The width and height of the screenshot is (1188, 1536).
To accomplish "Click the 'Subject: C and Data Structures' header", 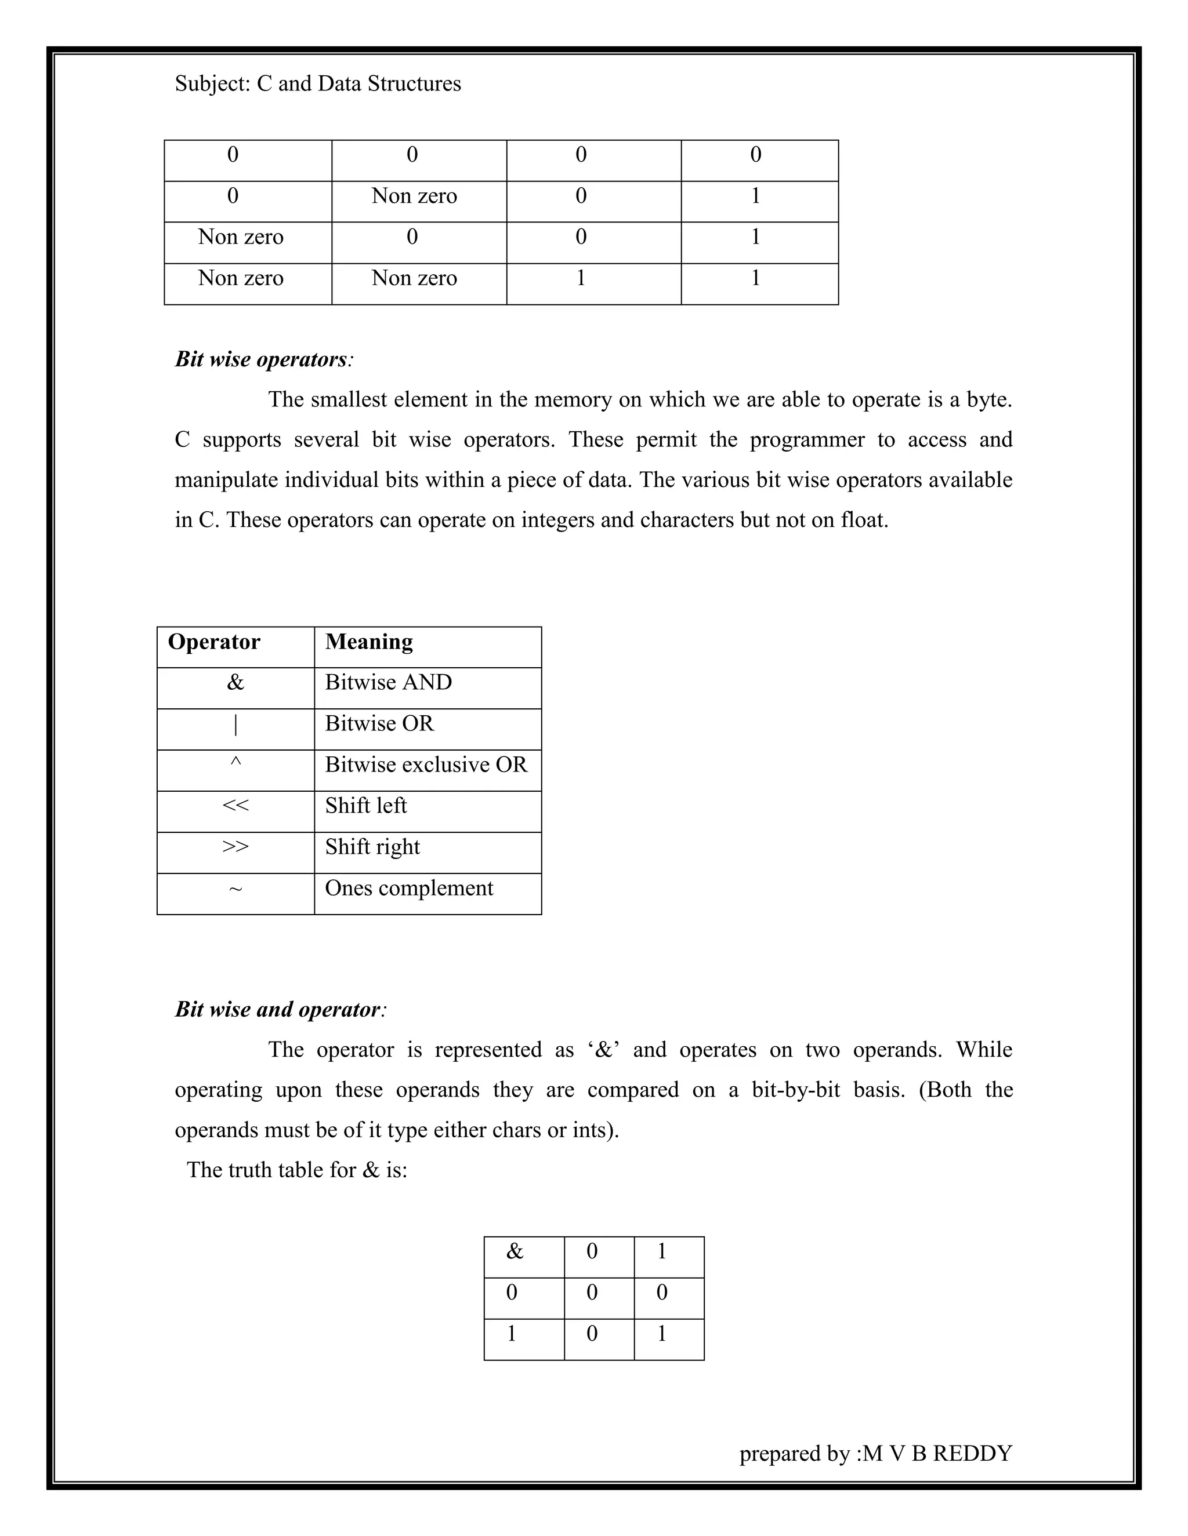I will (x=317, y=83).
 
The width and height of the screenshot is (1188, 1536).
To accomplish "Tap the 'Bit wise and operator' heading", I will (x=278, y=1009).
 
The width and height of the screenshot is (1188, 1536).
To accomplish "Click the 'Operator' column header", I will (x=214, y=642).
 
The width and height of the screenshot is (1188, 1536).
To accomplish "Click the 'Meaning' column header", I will (x=369, y=642).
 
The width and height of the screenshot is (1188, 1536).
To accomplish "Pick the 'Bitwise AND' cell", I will (x=388, y=683).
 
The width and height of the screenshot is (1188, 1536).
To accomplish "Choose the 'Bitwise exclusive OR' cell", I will (x=425, y=765).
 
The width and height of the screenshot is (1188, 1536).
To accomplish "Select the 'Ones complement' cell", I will (x=408, y=888).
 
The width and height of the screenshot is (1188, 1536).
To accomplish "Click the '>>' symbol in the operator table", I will (x=235, y=847).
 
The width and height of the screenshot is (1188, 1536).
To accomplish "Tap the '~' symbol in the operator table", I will (x=235, y=890).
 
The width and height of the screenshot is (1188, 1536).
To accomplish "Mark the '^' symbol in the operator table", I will (x=235, y=762).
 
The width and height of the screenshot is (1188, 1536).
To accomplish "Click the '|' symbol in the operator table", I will (x=235, y=725).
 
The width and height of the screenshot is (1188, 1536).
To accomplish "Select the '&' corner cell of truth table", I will (x=515, y=1252).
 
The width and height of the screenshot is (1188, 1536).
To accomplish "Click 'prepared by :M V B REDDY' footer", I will (x=875, y=1453).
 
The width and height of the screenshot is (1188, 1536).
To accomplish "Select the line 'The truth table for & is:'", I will (x=297, y=1170).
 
